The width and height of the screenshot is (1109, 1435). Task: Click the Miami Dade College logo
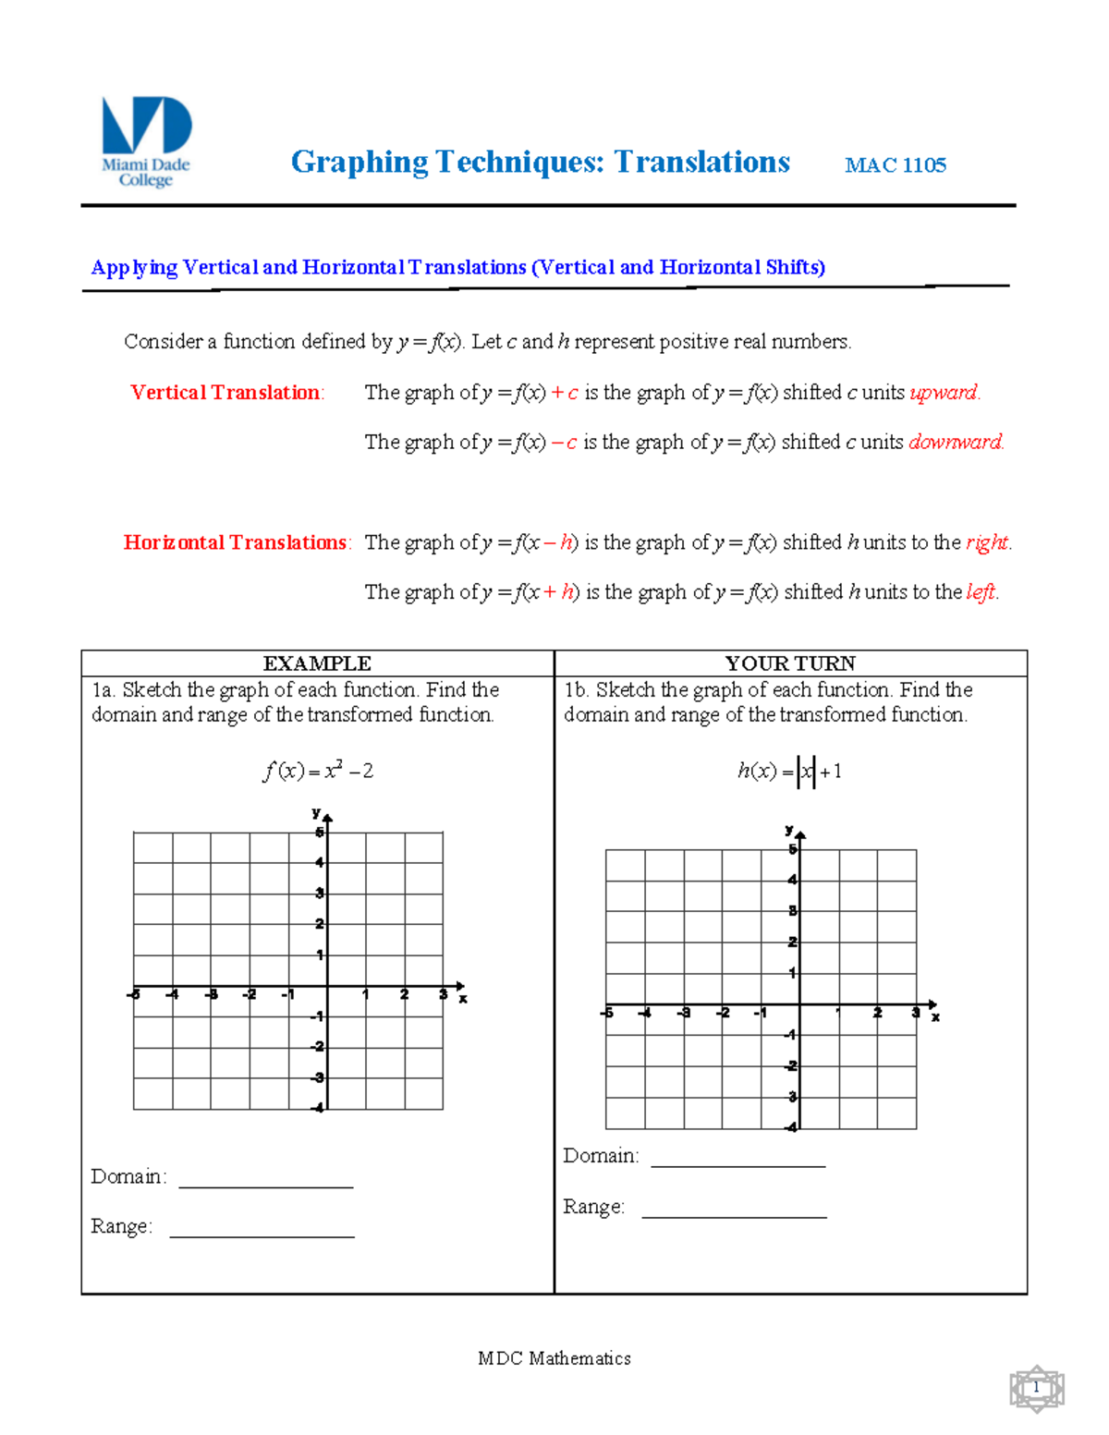(146, 140)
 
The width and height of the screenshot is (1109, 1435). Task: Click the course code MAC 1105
(895, 165)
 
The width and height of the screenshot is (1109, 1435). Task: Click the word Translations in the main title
(702, 162)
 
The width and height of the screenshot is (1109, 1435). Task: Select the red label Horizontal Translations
(236, 542)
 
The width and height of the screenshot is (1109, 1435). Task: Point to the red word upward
(944, 393)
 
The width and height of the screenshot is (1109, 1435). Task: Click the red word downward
(955, 443)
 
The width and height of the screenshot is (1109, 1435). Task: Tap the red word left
(981, 592)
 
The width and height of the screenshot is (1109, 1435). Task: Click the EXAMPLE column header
(317, 663)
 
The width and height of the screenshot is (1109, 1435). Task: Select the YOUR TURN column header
(790, 663)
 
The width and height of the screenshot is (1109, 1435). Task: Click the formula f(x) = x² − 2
(318, 771)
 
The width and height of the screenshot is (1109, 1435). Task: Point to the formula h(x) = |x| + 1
(790, 771)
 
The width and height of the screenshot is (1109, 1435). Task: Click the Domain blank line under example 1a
(266, 1182)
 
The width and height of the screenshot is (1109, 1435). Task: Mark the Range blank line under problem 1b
(734, 1212)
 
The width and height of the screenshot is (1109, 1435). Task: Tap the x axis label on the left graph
(463, 999)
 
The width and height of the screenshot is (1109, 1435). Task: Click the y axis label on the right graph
(788, 830)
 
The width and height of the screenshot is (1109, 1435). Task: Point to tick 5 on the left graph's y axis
(320, 833)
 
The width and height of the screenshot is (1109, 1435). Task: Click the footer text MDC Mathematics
(554, 1357)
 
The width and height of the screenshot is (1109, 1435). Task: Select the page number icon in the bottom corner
(1037, 1389)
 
